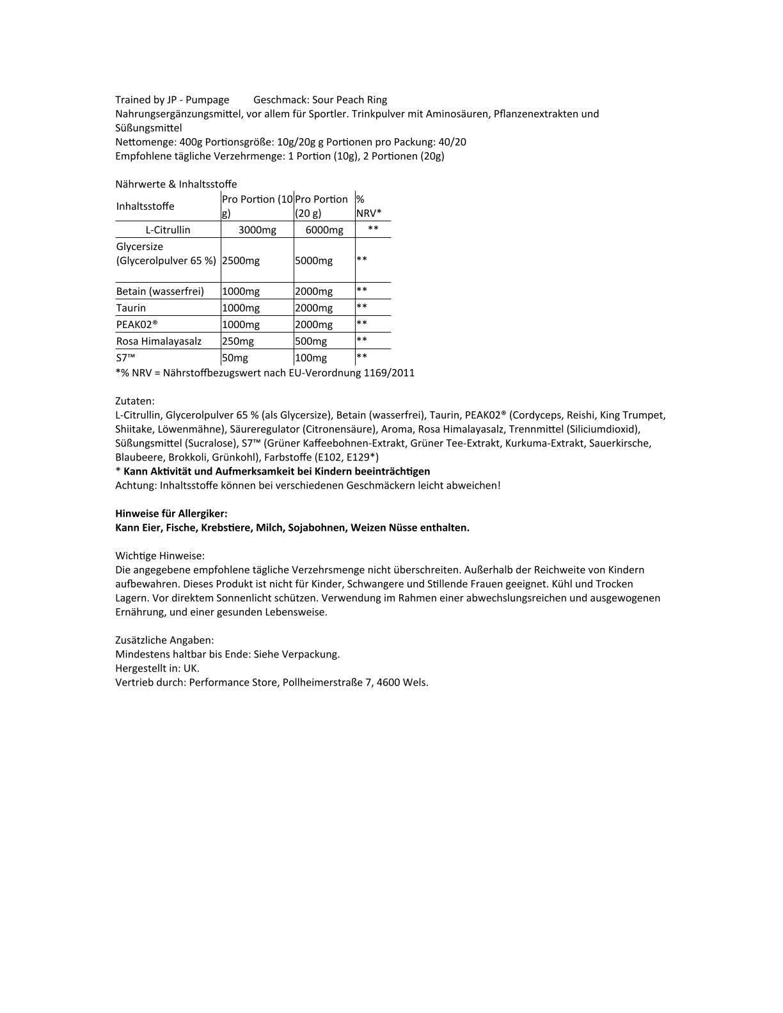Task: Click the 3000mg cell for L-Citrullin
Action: tap(257, 230)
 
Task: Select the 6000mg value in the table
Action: tap(324, 230)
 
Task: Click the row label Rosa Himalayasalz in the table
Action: tap(159, 342)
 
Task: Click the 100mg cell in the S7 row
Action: tap(311, 358)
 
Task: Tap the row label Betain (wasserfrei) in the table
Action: tap(160, 292)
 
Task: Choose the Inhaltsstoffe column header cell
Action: tap(145, 206)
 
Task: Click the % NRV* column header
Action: tap(368, 206)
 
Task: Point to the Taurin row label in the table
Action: tap(131, 308)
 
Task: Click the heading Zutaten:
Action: tap(135, 402)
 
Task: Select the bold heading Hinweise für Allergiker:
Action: tap(171, 514)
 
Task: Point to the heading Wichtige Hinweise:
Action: tap(160, 556)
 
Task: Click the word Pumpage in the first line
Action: tap(207, 100)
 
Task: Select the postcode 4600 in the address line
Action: tap(388, 682)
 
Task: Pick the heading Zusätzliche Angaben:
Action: tap(164, 640)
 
